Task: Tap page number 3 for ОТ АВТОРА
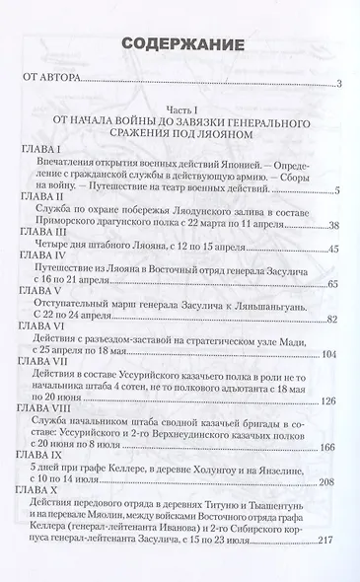(x=337, y=87)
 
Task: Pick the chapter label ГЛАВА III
(x=40, y=237)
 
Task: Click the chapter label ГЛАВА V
(x=38, y=307)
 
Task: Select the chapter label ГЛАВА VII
(x=42, y=389)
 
